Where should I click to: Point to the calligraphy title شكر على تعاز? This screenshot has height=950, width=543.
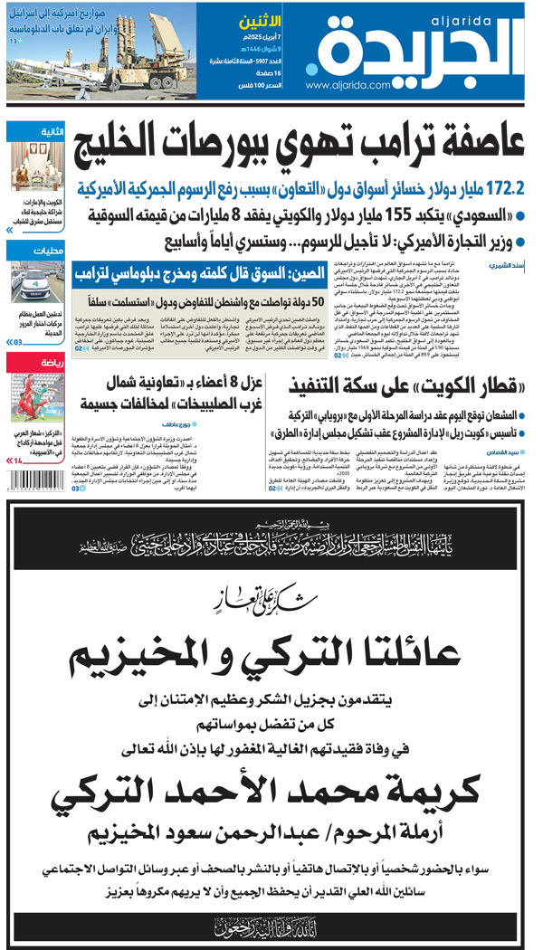[271, 599]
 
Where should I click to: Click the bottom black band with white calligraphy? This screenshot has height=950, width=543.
[271, 924]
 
